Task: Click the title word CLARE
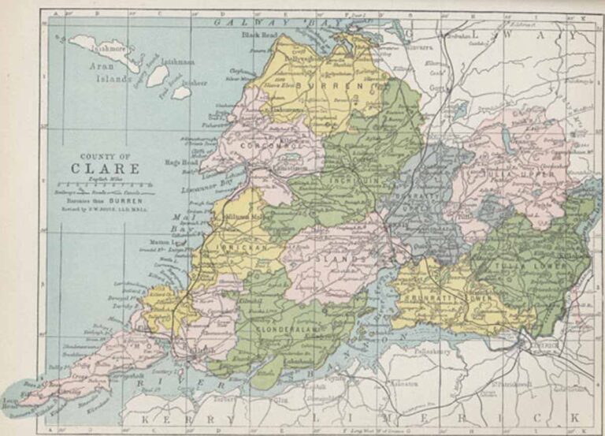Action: point(106,168)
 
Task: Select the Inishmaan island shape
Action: point(158,76)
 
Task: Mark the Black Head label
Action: point(255,35)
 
